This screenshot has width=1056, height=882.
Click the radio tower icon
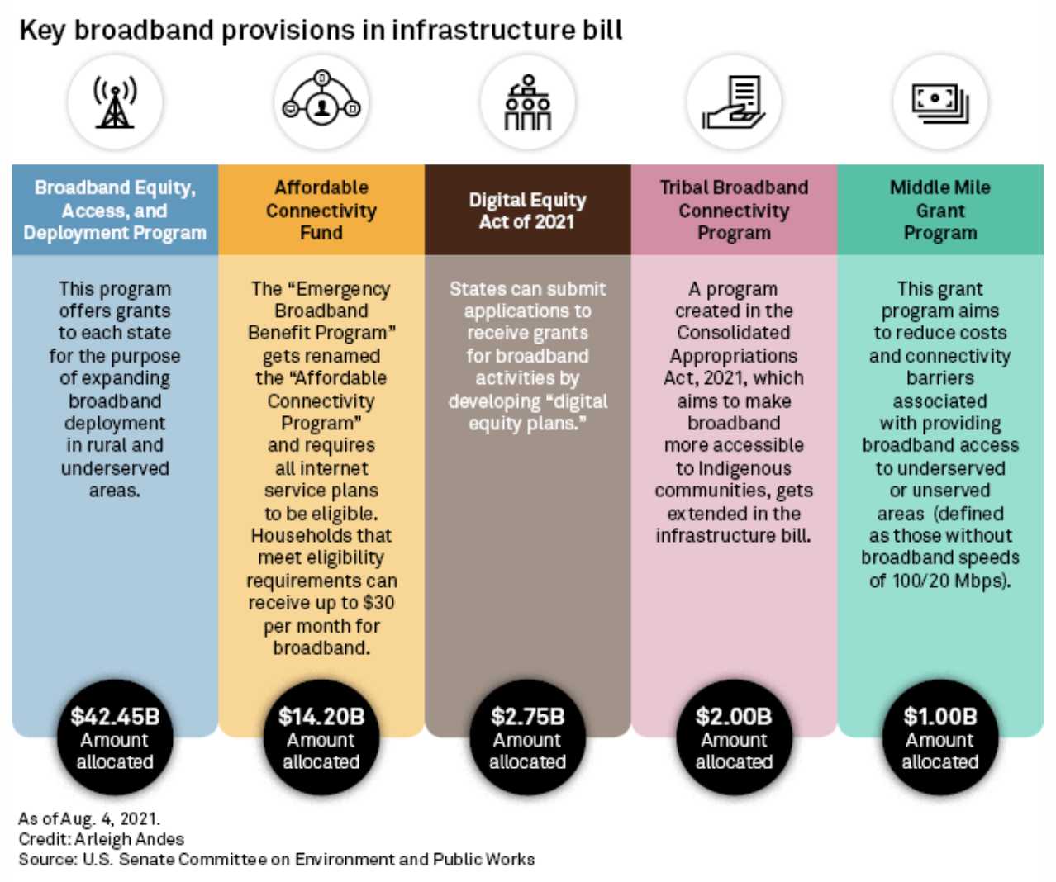coord(115,102)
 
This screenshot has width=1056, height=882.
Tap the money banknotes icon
coord(940,102)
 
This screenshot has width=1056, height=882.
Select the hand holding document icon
coord(734,102)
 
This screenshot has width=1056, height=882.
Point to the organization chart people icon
coord(528,102)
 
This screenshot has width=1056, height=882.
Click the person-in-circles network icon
coord(321,101)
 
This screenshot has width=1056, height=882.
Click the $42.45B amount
coord(115,716)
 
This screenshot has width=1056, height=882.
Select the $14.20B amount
coord(321,716)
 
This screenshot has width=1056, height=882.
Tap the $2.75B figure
coord(528,716)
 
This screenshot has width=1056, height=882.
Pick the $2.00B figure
coord(734,716)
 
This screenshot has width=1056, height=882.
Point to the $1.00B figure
coord(940,716)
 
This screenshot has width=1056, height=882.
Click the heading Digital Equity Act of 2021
coord(528,211)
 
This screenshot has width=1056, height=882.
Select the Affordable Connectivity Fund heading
coord(321,211)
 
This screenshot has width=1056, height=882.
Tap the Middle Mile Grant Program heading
coord(940,211)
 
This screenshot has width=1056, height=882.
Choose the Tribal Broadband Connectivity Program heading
coord(734,211)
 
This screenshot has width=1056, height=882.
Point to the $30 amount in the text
coord(378,603)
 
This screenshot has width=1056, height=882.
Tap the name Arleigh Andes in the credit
coord(130,839)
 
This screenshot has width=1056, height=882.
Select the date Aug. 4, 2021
coord(110,818)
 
